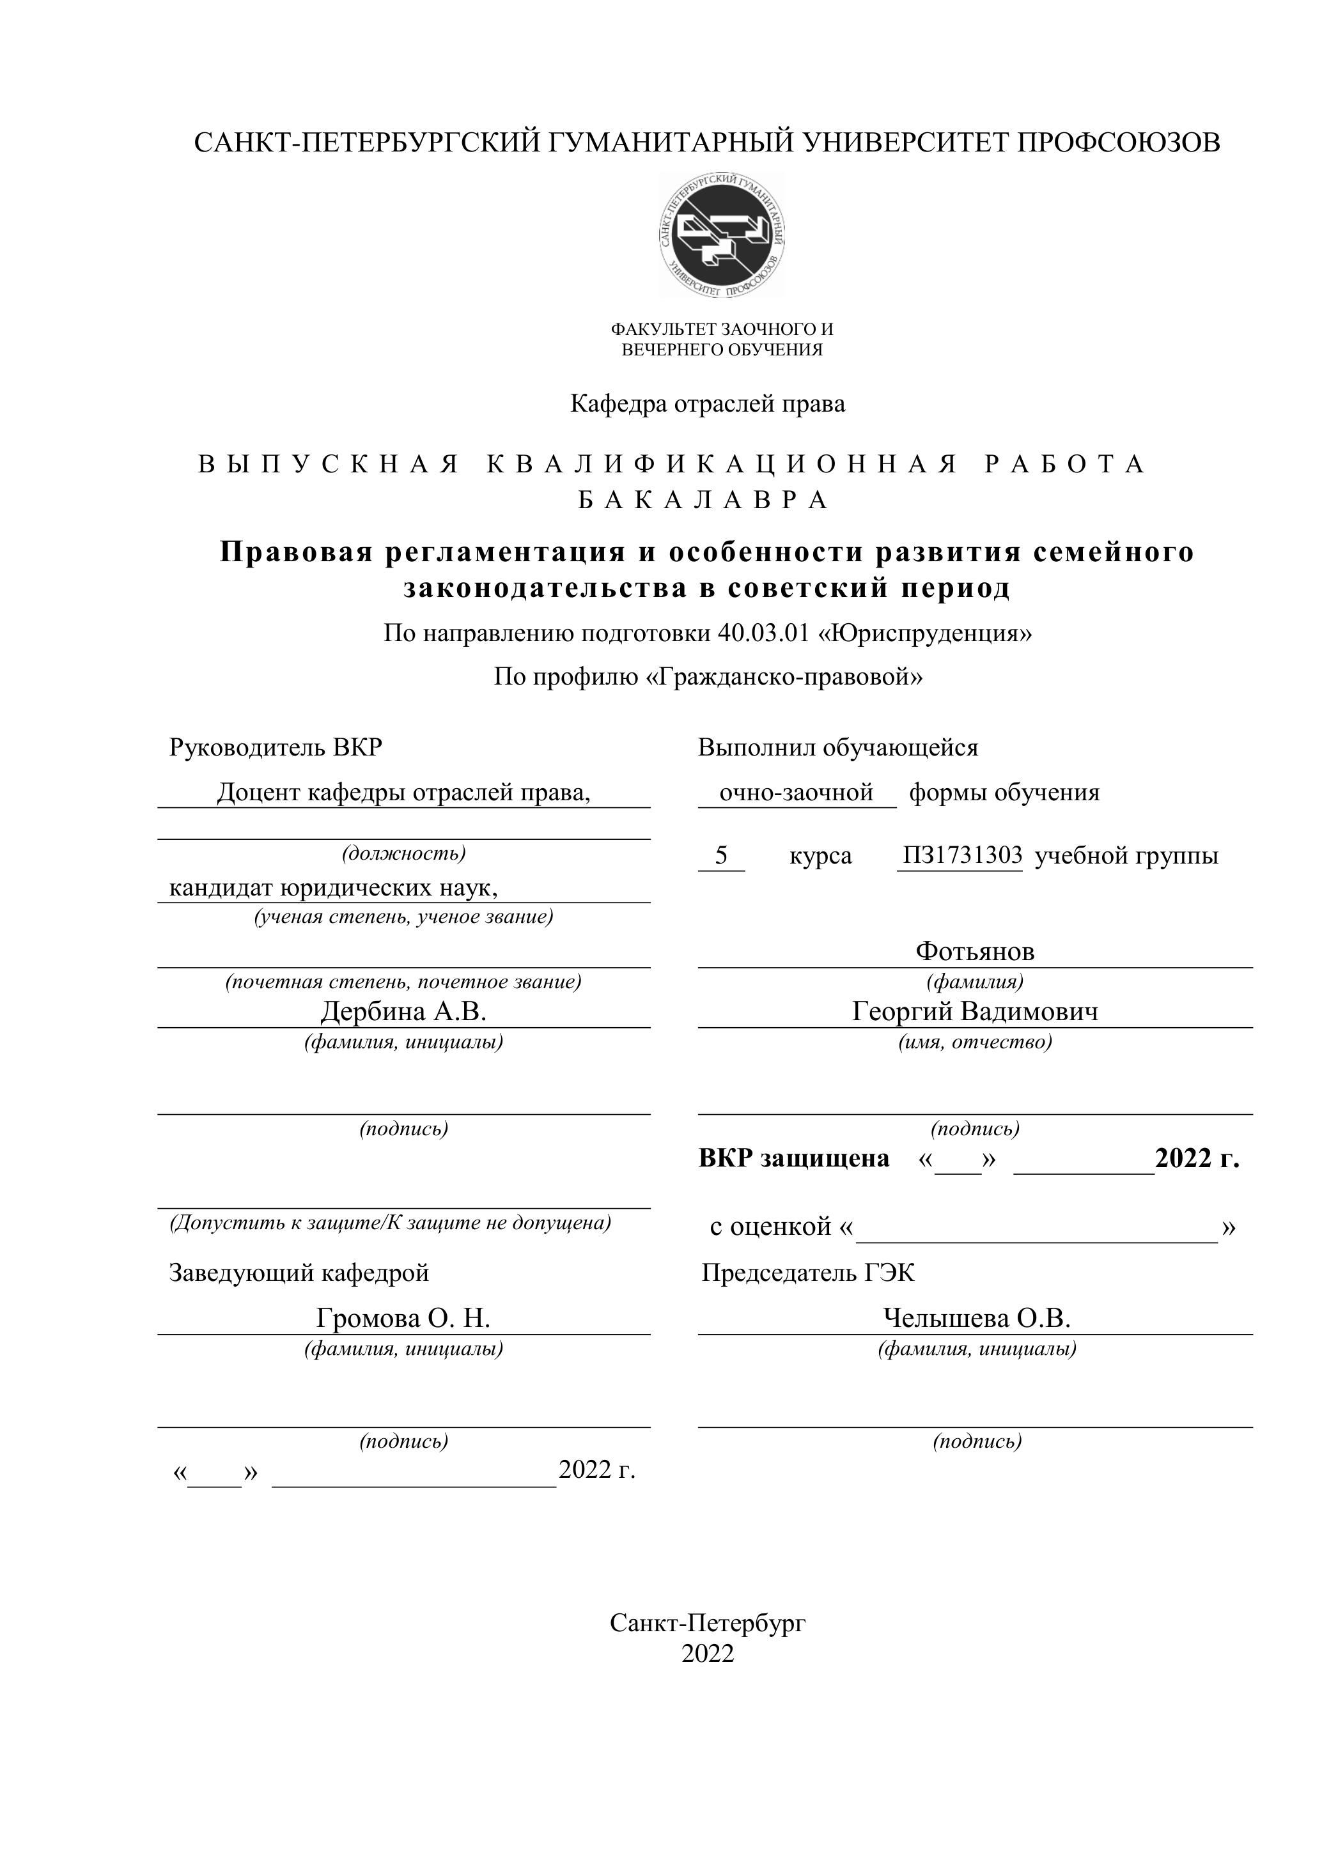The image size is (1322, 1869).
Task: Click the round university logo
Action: [x=722, y=235]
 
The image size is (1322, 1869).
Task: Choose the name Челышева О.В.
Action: [x=976, y=1318]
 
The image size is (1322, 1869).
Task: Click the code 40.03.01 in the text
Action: [x=765, y=633]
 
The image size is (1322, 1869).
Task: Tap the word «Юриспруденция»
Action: [x=929, y=633]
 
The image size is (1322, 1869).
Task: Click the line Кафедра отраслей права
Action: [x=708, y=403]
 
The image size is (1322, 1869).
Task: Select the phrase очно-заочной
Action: [x=796, y=792]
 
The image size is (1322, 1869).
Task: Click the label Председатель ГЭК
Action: [x=807, y=1273]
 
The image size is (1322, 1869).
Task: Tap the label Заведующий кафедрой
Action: [x=299, y=1273]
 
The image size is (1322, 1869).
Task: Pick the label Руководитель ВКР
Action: [x=275, y=747]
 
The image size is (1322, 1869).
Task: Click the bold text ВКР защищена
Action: [x=794, y=1158]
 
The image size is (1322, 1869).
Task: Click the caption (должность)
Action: [x=404, y=853]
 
